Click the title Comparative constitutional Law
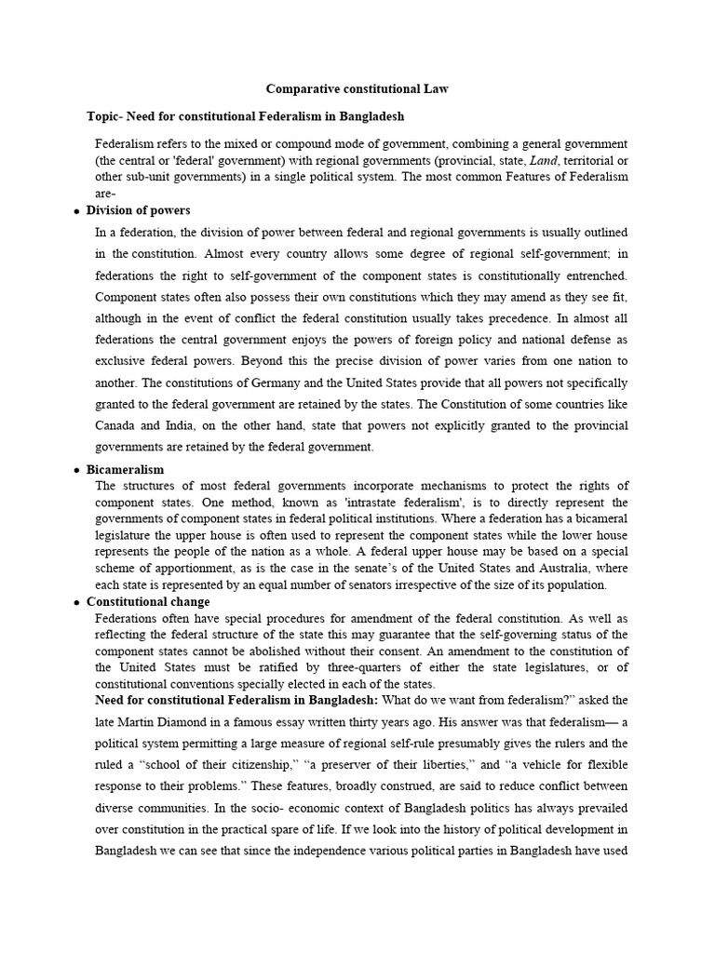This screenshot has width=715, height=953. [357, 89]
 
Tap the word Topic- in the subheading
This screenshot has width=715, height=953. [104, 116]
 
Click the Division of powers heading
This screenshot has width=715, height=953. [138, 210]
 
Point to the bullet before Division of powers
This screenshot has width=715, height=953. [76, 212]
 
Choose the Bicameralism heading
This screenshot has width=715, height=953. [125, 470]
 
